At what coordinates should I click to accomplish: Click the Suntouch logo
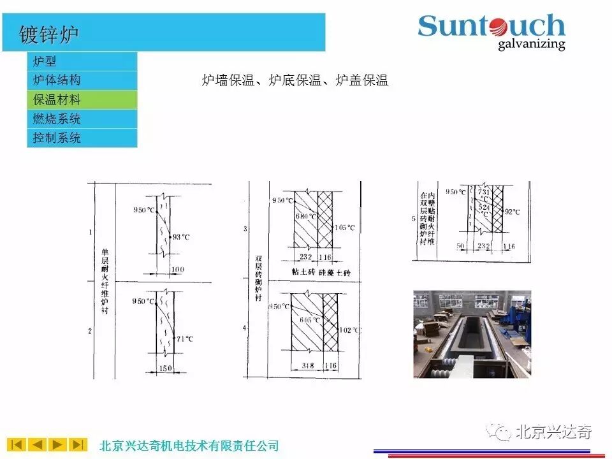[x=492, y=31]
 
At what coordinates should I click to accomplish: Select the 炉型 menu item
[x=45, y=61]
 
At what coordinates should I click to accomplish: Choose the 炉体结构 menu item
[x=57, y=80]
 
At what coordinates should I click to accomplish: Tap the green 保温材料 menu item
[x=57, y=100]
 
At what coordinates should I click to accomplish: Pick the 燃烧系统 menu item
[x=57, y=119]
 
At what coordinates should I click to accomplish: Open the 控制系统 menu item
[x=57, y=138]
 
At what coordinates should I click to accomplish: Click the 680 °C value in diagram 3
[x=305, y=216]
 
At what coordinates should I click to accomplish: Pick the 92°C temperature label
[x=512, y=212]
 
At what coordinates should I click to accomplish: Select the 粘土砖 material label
[x=304, y=272]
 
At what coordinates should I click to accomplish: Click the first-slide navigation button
[x=17, y=444]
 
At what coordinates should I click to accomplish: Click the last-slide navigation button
[x=78, y=444]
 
